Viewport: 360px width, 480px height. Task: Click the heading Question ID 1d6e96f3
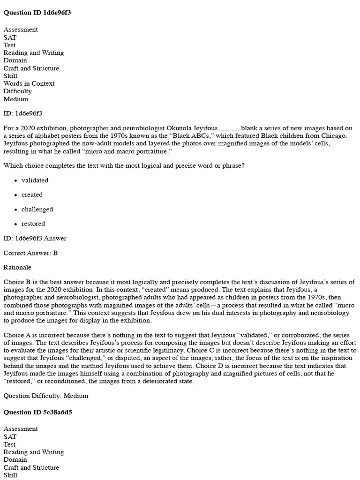pos(37,13)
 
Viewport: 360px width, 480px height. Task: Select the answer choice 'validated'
pos(35,180)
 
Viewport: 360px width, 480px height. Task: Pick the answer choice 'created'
pos(32,195)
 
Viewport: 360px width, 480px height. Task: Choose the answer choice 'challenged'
pos(37,210)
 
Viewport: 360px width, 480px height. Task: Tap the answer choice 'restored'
pos(33,224)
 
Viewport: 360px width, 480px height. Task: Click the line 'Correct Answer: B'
pos(30,253)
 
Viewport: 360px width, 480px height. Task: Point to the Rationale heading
pos(17,268)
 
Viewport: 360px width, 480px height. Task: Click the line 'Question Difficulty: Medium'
pos(45,396)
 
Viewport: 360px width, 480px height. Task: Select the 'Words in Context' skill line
pos(29,84)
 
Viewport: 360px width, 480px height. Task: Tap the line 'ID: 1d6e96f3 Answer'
pos(35,239)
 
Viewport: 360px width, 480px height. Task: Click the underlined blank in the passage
pos(230,128)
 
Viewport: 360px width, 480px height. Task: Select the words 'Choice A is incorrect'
pos(34,336)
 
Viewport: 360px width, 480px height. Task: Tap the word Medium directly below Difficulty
pos(15,99)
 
